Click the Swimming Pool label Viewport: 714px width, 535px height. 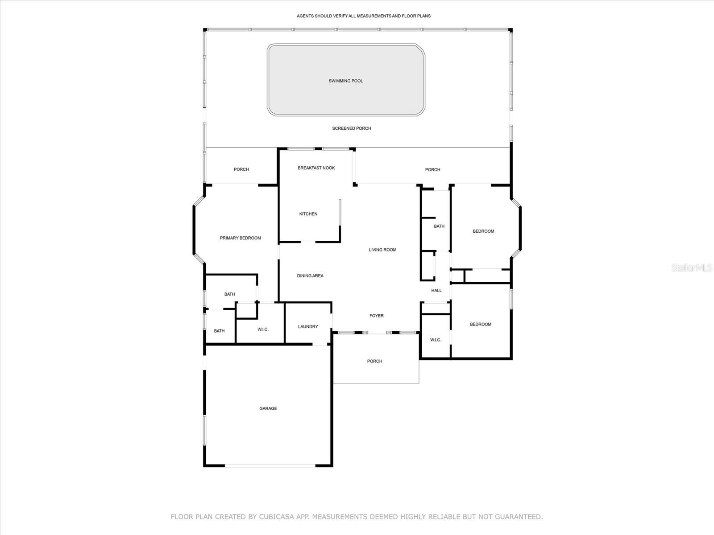click(345, 81)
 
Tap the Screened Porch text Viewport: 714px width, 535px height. click(351, 128)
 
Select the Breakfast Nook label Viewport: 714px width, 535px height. click(316, 168)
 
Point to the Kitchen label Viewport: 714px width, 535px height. click(308, 214)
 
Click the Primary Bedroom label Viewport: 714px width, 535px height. click(240, 238)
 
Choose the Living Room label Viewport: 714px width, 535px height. click(382, 250)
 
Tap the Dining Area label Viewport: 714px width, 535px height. click(310, 276)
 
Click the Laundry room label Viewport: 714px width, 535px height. click(308, 327)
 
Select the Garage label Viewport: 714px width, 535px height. click(268, 408)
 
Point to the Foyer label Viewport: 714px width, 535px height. click(376, 316)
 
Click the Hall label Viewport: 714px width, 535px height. click(436, 291)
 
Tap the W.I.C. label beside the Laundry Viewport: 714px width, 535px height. click(263, 329)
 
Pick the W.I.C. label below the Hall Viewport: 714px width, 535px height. click(435, 340)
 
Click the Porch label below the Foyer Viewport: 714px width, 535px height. click(374, 361)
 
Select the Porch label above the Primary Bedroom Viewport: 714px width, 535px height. click(241, 169)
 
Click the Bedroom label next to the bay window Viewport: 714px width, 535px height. click(483, 231)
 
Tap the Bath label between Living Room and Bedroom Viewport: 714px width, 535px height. click(439, 226)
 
